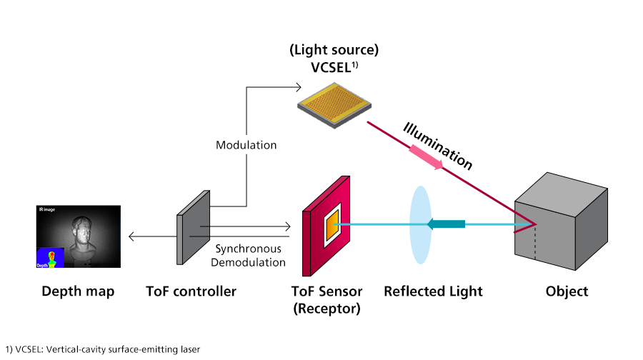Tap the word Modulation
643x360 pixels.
(x=246, y=145)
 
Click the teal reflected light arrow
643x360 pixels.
(x=446, y=224)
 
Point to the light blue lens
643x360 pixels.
(x=422, y=224)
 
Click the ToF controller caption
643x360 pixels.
(x=191, y=291)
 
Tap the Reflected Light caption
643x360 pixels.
(x=433, y=291)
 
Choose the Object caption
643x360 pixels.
(x=567, y=291)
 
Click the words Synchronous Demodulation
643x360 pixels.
(x=249, y=256)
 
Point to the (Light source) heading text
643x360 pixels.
(x=334, y=51)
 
